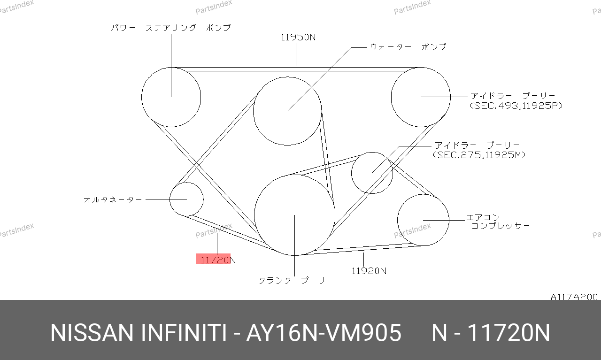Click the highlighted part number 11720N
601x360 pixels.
218,260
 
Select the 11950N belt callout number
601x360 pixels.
298,37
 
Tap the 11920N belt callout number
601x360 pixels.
369,271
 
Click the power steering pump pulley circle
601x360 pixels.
142,97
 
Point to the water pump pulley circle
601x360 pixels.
253,111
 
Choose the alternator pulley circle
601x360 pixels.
170,199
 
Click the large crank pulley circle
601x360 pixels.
254,215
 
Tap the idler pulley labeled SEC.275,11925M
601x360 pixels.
352,173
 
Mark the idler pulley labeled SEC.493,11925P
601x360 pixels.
391,97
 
